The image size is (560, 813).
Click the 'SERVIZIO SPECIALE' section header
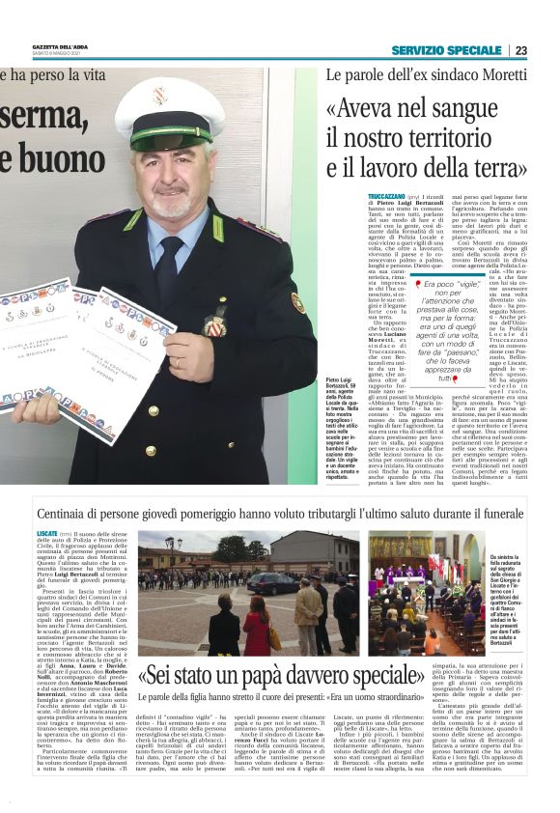446,50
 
